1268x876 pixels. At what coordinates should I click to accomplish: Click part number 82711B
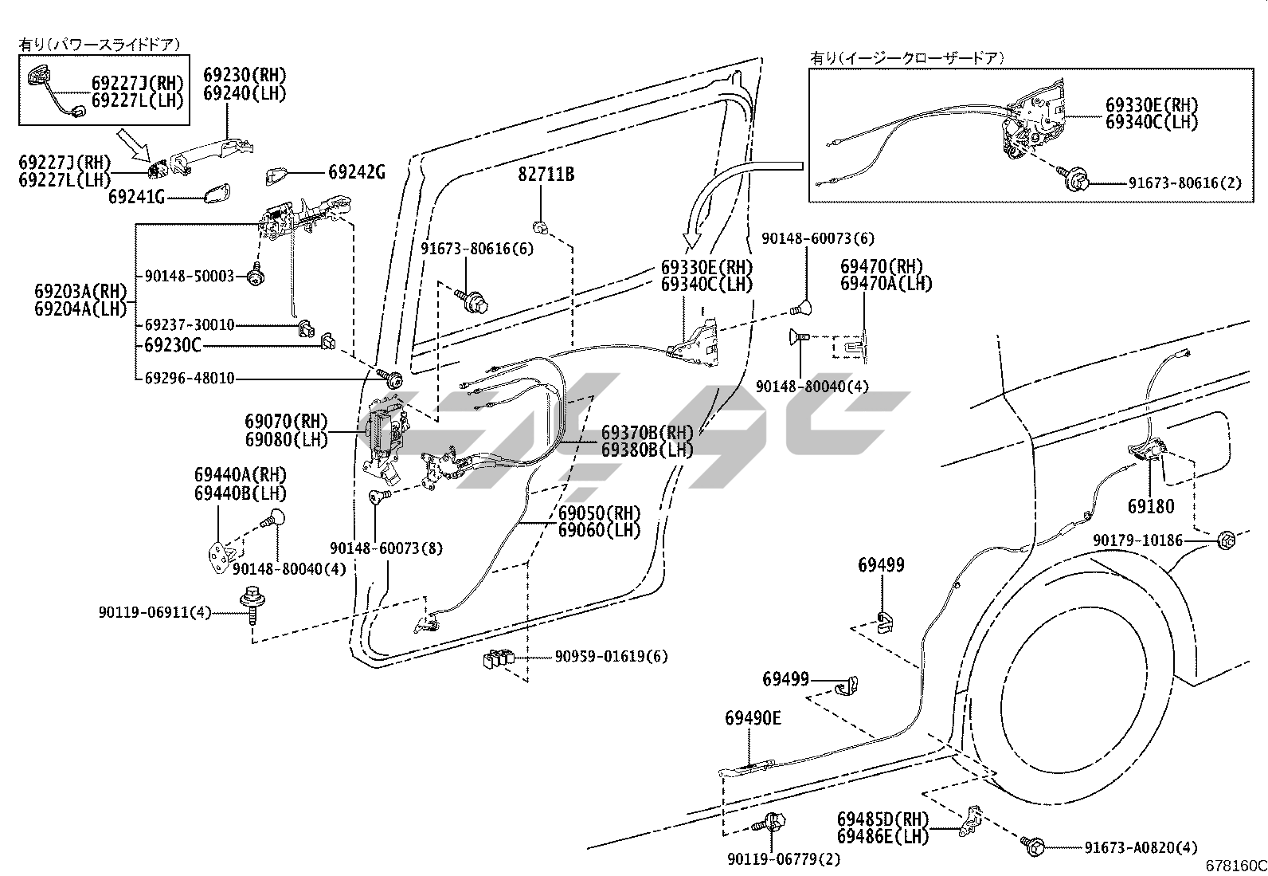pyautogui.click(x=546, y=174)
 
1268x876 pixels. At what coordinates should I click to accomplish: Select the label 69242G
pyautogui.click(x=356, y=171)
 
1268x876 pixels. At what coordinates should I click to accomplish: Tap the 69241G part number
pyautogui.click(x=136, y=196)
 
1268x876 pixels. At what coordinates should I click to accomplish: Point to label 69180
pyautogui.click(x=1150, y=506)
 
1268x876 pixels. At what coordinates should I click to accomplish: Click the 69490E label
pyautogui.click(x=753, y=718)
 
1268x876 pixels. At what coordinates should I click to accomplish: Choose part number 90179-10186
pyautogui.click(x=1137, y=540)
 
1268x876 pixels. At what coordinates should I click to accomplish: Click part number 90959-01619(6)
pyautogui.click(x=611, y=657)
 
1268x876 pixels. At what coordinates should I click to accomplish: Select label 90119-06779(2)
pyautogui.click(x=784, y=859)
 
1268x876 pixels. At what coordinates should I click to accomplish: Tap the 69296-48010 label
pyautogui.click(x=190, y=378)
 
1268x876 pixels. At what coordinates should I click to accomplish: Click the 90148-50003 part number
pyautogui.click(x=190, y=276)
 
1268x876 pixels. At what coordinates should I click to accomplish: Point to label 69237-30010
pyautogui.click(x=190, y=324)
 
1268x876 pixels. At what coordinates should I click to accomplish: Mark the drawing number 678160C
pyautogui.click(x=1235, y=866)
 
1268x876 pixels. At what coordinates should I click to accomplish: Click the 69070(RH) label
pyautogui.click(x=286, y=422)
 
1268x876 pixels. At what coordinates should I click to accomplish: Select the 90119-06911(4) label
pyautogui.click(x=155, y=612)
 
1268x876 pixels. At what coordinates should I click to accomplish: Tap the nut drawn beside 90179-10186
pyautogui.click(x=1226, y=540)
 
